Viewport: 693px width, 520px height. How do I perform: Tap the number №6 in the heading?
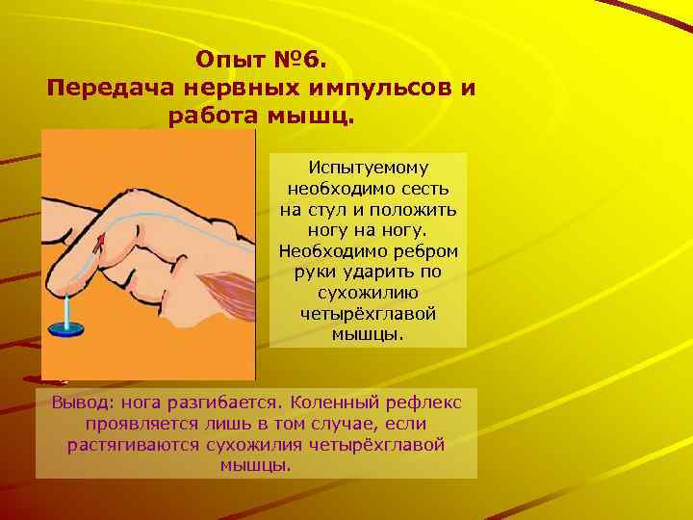[300, 62]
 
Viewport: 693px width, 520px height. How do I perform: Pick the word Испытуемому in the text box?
[369, 167]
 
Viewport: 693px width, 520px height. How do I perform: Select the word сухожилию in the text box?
[369, 293]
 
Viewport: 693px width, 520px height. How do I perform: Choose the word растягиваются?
[135, 444]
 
